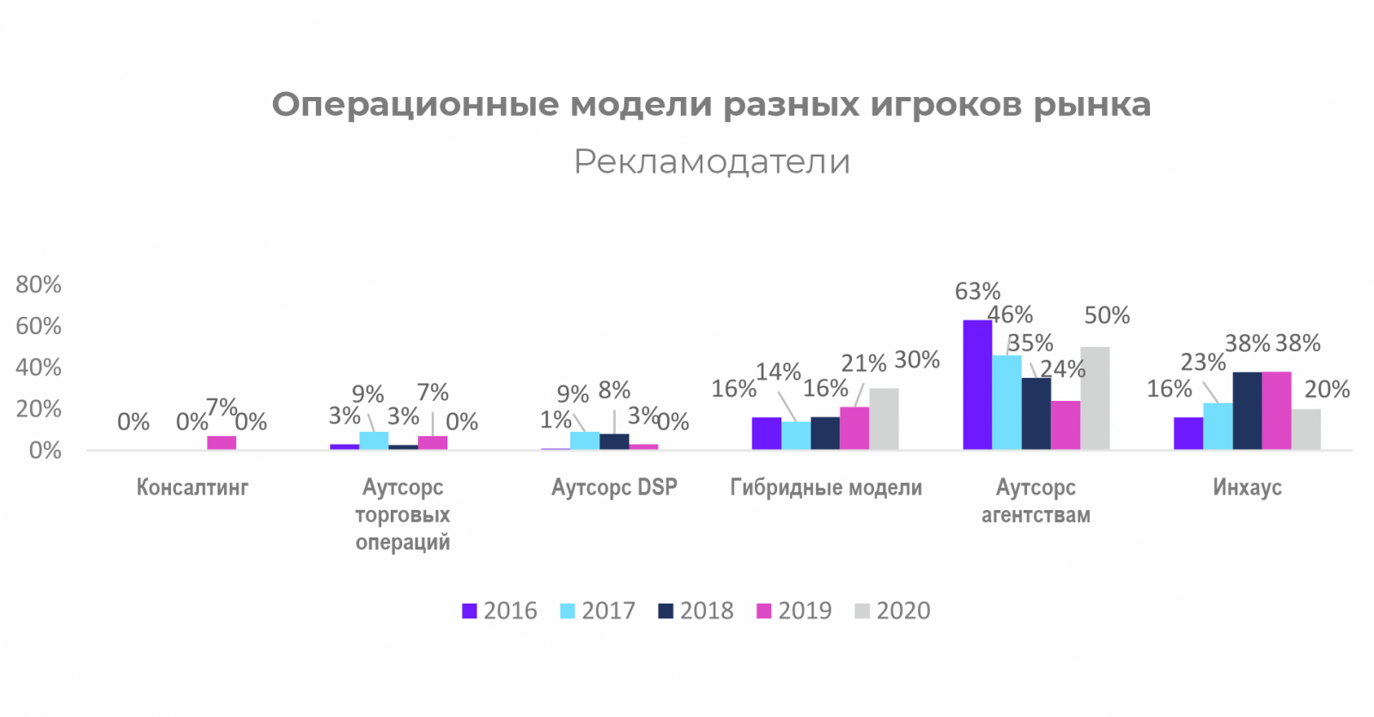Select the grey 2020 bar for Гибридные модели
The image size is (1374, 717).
coord(884,419)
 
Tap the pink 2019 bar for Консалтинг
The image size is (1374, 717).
coord(222,443)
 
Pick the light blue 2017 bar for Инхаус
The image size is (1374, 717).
coord(1218,427)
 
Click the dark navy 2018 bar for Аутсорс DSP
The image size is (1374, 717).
coord(614,441)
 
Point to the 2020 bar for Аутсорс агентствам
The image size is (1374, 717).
coord(1095,398)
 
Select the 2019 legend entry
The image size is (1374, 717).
coord(794,611)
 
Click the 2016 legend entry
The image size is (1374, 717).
coord(500,611)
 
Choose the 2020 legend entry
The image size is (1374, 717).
coord(893,611)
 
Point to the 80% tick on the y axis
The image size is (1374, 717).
coord(39,284)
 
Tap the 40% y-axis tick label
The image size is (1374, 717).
coord(39,368)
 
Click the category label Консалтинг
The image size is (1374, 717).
coord(192,488)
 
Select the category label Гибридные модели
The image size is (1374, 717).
coord(826,488)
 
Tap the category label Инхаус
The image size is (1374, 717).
coord(1247,488)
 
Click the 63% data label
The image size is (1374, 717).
coord(977,292)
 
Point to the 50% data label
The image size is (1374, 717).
coord(1107,315)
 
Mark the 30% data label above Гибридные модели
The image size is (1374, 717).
coord(917,360)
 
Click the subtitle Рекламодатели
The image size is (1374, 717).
coord(712,161)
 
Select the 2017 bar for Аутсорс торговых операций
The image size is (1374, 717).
coord(374,441)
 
